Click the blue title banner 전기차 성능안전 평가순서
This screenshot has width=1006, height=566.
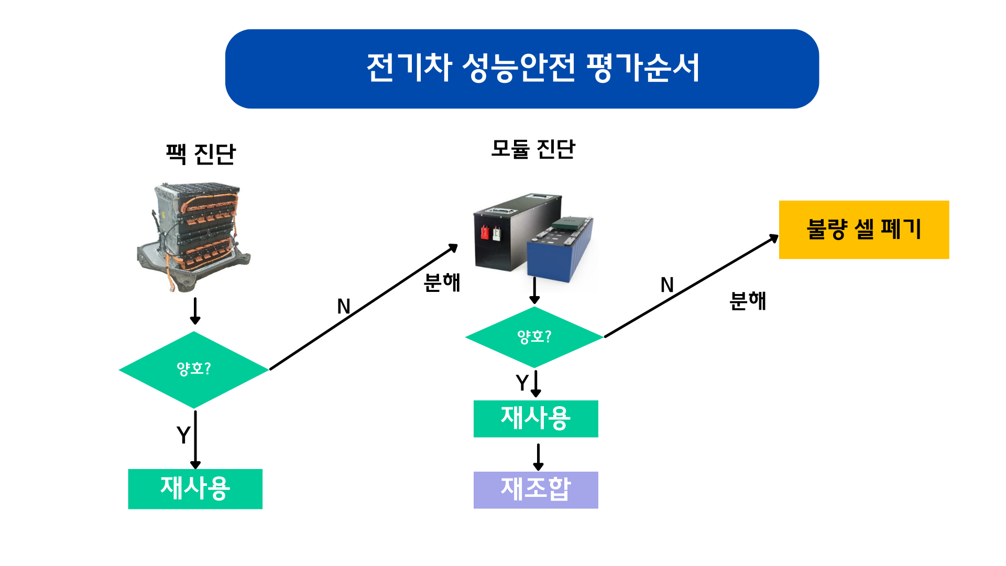522,69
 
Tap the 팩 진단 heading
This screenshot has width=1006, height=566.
201,154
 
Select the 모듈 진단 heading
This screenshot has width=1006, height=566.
533,149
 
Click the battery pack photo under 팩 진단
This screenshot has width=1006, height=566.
194,237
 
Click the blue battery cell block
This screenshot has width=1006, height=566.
560,249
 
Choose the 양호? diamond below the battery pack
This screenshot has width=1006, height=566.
194,369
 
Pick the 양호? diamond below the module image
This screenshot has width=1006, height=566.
534,337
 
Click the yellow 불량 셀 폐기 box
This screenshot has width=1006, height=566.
864,230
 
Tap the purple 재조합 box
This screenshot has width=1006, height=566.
535,490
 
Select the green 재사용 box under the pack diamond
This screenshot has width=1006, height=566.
195,489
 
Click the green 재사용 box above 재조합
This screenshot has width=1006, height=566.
535,419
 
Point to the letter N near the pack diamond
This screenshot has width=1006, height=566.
344,307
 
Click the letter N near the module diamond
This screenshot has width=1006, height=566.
667,285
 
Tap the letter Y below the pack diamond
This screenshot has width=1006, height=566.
183,435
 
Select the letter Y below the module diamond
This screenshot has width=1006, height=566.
522,383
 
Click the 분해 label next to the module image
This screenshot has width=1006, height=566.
442,282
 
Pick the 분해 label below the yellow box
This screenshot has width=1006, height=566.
748,301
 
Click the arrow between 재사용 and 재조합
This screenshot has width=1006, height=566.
538,457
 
